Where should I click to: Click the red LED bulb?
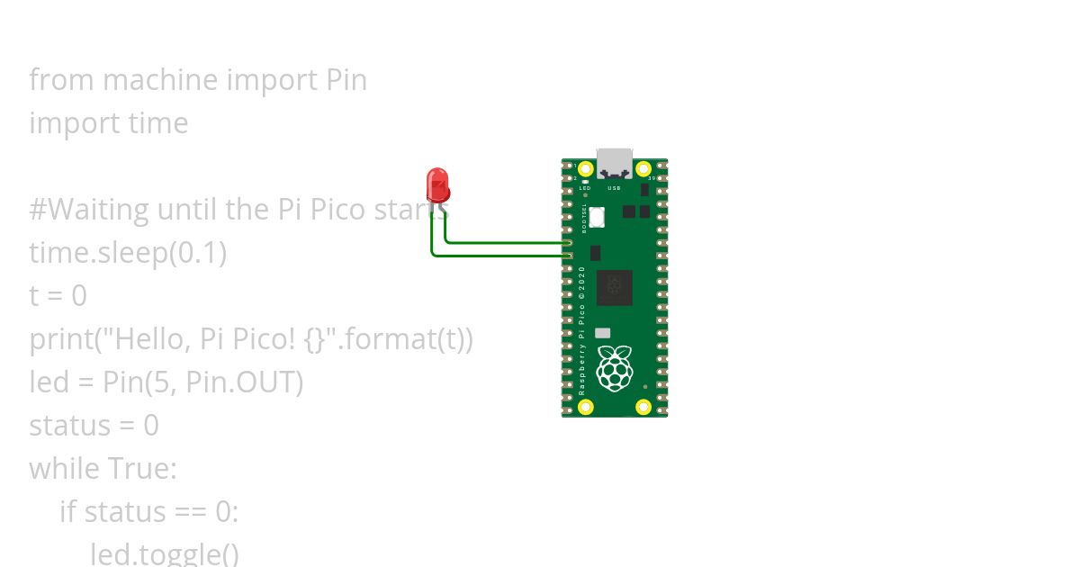pyautogui.click(x=437, y=184)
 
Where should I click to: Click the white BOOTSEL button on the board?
pyautogui.click(x=598, y=217)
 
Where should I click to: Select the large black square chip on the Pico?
pyautogui.click(x=614, y=287)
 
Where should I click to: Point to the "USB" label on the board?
pyautogui.click(x=615, y=188)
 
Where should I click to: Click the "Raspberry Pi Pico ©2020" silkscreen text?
pyautogui.click(x=581, y=331)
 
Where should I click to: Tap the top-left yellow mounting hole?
pyautogui.click(x=586, y=169)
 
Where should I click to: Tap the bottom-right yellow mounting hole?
pyautogui.click(x=643, y=407)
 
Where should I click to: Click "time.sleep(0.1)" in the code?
pyautogui.click(x=128, y=253)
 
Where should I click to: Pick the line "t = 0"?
pyautogui.click(x=58, y=296)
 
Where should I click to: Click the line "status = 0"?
pyautogui.click(x=94, y=426)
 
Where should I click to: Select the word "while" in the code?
pyautogui.click(x=64, y=469)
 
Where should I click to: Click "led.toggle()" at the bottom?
pyautogui.click(x=165, y=553)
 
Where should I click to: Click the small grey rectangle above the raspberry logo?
pyautogui.click(x=602, y=333)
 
